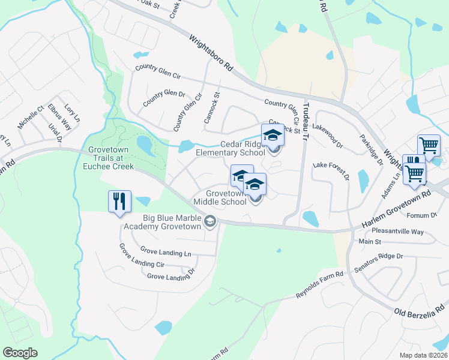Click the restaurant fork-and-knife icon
(x=119, y=201)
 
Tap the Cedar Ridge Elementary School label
(x=230, y=148)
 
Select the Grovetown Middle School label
(x=226, y=198)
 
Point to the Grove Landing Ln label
(x=165, y=251)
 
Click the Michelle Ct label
(x=31, y=116)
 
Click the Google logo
(x=20, y=352)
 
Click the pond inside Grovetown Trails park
(x=145, y=144)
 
